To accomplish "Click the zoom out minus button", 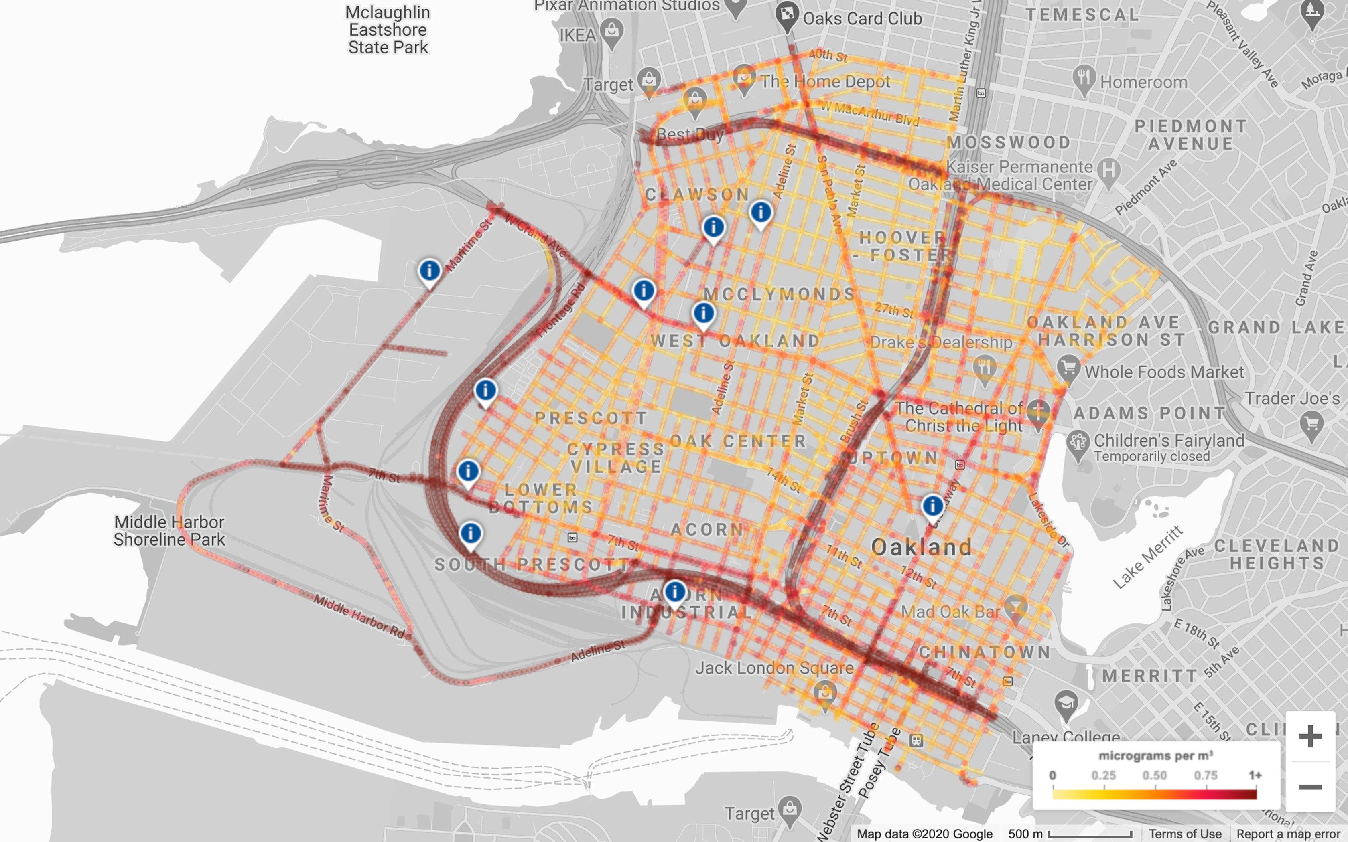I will point(1310,787).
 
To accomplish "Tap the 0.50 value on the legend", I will point(1154,775).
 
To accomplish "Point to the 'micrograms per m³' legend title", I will point(1155,756).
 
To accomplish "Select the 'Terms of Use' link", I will point(1185,834).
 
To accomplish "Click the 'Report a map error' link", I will point(1288,834).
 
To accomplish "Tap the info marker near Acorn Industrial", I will point(674,591).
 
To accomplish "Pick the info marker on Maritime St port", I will point(429,271).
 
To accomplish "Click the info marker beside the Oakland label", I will point(933,506).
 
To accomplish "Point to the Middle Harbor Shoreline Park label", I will point(169,531).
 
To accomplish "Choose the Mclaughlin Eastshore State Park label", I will point(388,30).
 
